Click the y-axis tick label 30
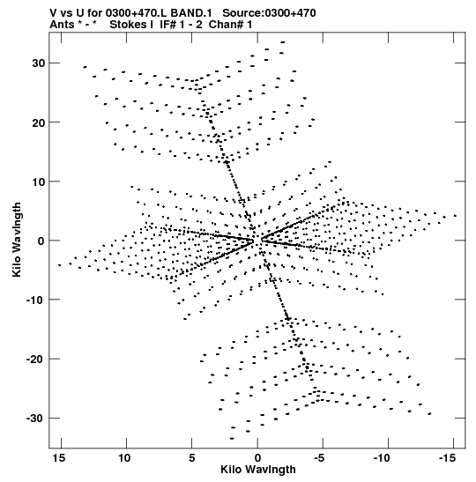[x=39, y=63]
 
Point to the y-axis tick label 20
[x=39, y=122]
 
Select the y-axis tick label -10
[x=35, y=300]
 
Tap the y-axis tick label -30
[x=35, y=419]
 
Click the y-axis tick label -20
[x=35, y=359]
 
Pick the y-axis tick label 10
[x=39, y=182]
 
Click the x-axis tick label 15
[x=59, y=458]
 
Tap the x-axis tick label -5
[x=319, y=458]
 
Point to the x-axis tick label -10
[x=382, y=458]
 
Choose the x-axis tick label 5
[x=192, y=458]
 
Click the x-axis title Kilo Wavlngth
[x=258, y=470]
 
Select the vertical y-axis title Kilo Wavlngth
[x=17, y=240]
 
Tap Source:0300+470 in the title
[x=269, y=13]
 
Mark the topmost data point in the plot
[x=283, y=42]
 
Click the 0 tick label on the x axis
[x=257, y=458]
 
